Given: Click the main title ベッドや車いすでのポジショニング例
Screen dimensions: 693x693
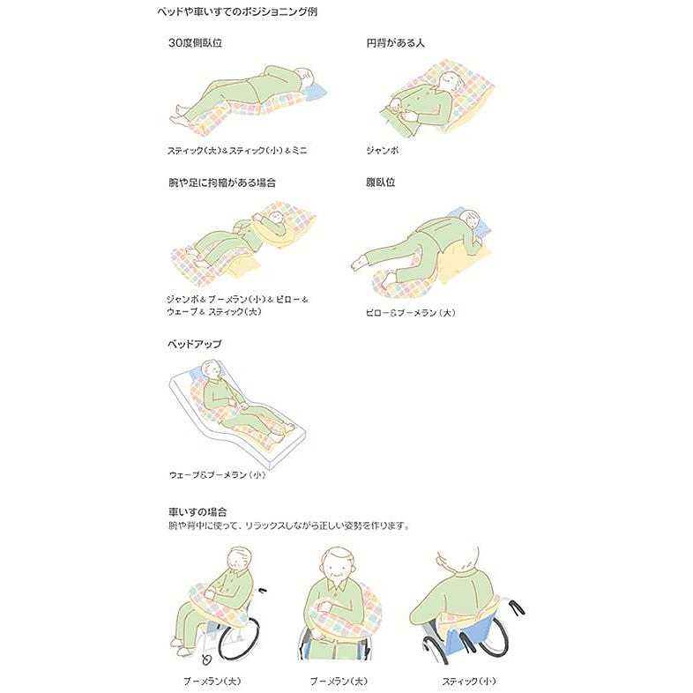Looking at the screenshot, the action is point(237,11).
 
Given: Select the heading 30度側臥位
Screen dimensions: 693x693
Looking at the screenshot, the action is point(195,43).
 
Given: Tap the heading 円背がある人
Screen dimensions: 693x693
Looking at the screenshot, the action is point(395,43).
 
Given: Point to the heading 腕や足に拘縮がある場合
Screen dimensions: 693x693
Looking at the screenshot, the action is point(222,183).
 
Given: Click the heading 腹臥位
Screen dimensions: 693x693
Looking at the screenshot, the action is point(380,183).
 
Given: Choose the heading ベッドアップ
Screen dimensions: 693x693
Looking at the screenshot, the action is point(194,344).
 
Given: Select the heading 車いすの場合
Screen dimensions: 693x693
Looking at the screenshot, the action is point(197,511).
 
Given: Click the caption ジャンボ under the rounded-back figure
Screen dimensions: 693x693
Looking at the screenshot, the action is point(382,150).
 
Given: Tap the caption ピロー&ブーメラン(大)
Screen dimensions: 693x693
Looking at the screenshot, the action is point(410,312).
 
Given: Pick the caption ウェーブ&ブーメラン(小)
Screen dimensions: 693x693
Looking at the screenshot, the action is point(217,474).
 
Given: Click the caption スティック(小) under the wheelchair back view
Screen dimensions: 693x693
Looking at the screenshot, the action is point(468,681).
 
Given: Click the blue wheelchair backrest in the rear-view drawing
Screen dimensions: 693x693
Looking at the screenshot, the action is point(468,632).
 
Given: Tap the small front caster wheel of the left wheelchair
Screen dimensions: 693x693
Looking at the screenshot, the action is point(206,659).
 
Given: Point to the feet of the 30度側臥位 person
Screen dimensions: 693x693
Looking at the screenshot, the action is point(178,115).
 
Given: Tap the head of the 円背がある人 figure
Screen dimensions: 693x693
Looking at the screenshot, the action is point(451,81).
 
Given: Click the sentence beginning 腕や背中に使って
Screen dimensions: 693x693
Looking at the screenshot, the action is point(288,526).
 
